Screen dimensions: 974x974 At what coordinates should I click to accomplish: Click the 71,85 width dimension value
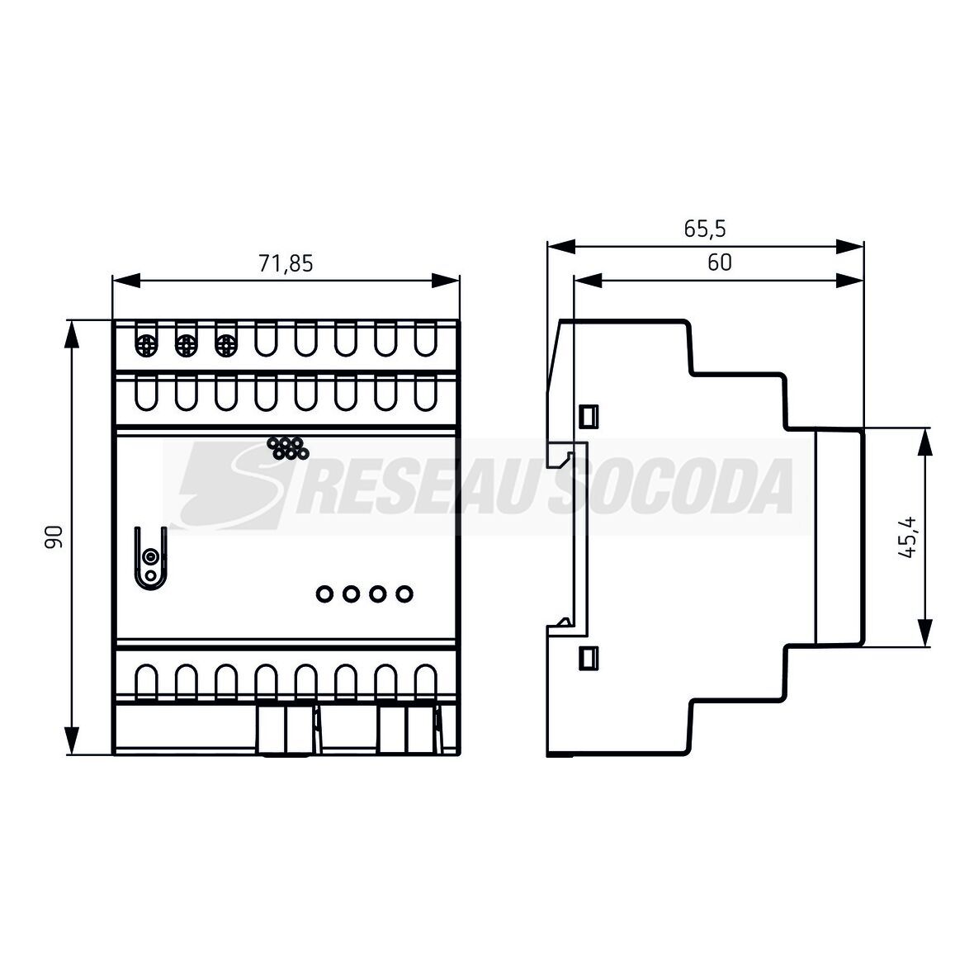coord(286,264)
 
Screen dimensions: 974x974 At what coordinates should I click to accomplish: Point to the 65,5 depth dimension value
coord(704,229)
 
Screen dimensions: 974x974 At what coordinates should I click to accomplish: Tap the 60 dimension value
coord(719,262)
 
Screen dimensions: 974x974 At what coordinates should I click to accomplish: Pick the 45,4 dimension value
coord(907,537)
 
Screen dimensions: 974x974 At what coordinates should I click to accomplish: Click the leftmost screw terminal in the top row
coord(147,345)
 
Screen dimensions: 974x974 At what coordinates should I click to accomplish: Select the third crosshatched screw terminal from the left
coord(225,345)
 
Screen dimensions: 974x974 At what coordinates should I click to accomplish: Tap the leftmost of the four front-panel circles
coord(324,593)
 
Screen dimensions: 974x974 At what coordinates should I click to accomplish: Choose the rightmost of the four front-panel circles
coord(404,593)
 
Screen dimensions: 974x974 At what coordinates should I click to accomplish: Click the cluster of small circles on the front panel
coord(287,448)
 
